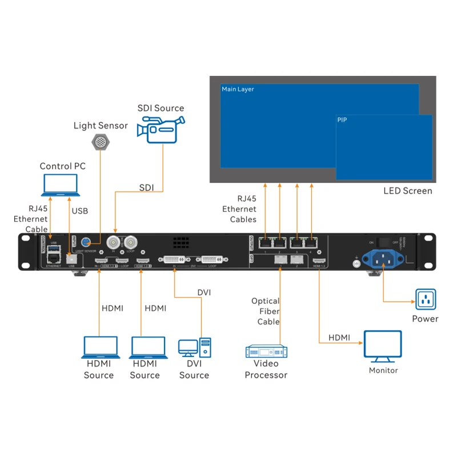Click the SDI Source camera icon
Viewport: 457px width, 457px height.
pos(161,129)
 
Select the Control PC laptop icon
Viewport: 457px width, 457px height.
pos(61,185)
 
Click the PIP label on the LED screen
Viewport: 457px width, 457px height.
pos(343,121)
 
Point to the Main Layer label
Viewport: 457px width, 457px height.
pos(238,89)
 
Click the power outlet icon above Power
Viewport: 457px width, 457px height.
pos(425,298)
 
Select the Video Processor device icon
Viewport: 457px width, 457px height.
pos(266,351)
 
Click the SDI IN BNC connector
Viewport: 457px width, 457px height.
pos(114,242)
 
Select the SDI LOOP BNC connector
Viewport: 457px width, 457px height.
pos(132,242)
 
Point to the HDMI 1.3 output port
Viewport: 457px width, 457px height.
pos(318,261)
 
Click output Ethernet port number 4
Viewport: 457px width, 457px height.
pos(311,242)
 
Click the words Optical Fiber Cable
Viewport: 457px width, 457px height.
pos(266,311)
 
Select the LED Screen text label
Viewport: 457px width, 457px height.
pos(407,191)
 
